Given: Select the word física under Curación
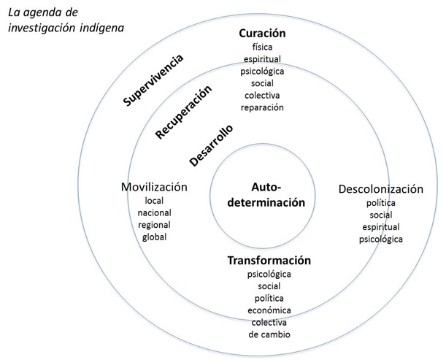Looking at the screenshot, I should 262,47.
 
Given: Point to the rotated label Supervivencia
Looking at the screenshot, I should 153,80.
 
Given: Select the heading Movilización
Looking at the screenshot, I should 155,187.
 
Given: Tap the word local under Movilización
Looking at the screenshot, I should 155,201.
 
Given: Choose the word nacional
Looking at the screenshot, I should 155,212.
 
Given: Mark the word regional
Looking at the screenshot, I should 155,225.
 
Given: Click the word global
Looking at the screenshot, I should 155,237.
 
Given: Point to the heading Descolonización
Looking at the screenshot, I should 380,189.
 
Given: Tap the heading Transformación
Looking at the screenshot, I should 269,260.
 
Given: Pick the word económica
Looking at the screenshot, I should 269,310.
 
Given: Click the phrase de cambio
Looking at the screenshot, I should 269,334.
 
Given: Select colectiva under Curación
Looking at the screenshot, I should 262,96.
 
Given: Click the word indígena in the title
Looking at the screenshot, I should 101,28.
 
